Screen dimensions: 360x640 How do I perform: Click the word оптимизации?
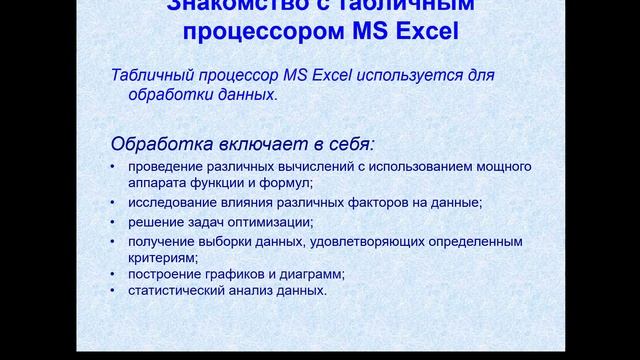point(273,222)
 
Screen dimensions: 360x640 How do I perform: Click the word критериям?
point(160,257)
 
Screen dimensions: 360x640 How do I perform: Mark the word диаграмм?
point(310,274)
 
